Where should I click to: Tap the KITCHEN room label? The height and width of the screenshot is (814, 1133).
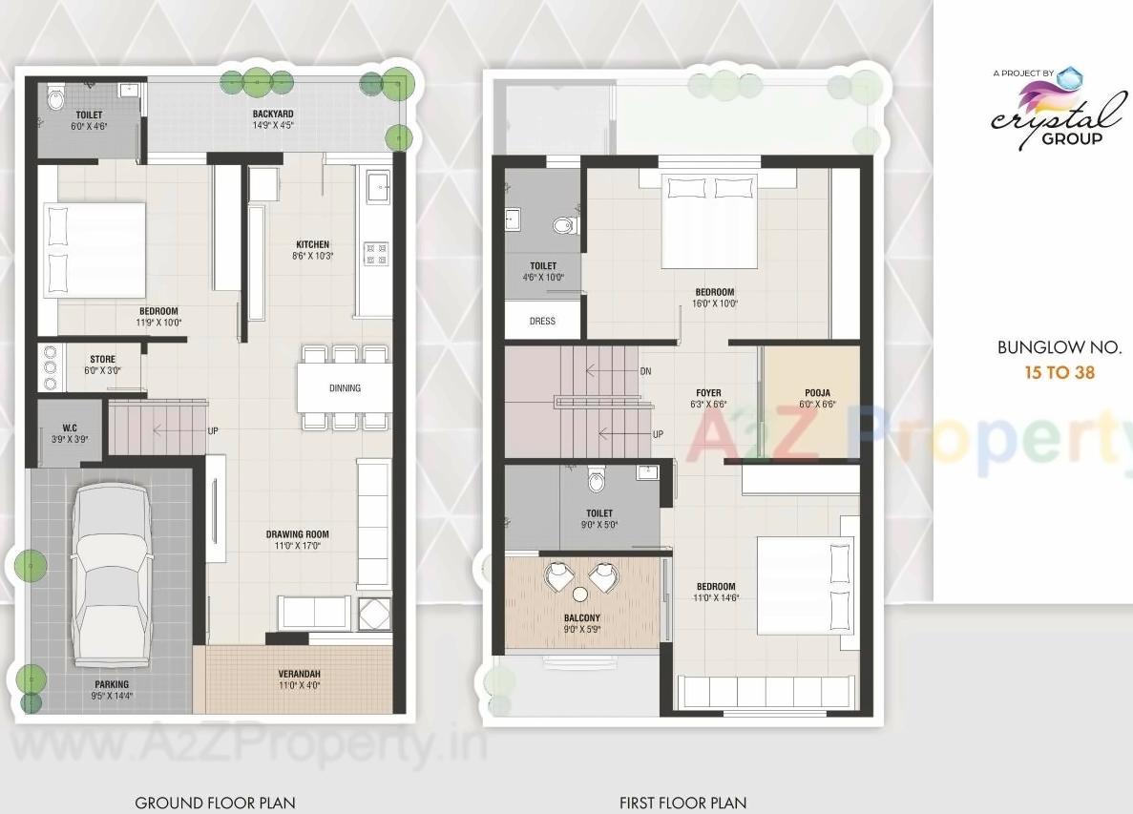(311, 245)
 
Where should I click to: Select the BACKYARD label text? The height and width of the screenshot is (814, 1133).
(272, 113)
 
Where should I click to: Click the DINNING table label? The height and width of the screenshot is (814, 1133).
(345, 388)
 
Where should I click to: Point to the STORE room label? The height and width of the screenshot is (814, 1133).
(102, 360)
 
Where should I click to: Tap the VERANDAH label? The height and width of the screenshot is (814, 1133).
(299, 673)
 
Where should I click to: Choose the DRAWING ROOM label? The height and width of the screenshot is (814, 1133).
(297, 534)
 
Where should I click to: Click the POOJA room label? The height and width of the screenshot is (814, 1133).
(817, 392)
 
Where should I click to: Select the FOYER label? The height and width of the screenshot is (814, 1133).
(708, 392)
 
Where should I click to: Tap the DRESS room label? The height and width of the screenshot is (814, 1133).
(542, 322)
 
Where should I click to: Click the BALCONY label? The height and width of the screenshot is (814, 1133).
(582, 617)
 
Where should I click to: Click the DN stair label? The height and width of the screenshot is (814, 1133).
(645, 371)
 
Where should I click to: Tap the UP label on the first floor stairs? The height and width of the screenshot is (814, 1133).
(658, 434)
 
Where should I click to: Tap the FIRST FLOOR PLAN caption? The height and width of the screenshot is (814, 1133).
(682, 803)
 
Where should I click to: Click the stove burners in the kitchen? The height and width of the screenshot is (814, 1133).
(375, 253)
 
